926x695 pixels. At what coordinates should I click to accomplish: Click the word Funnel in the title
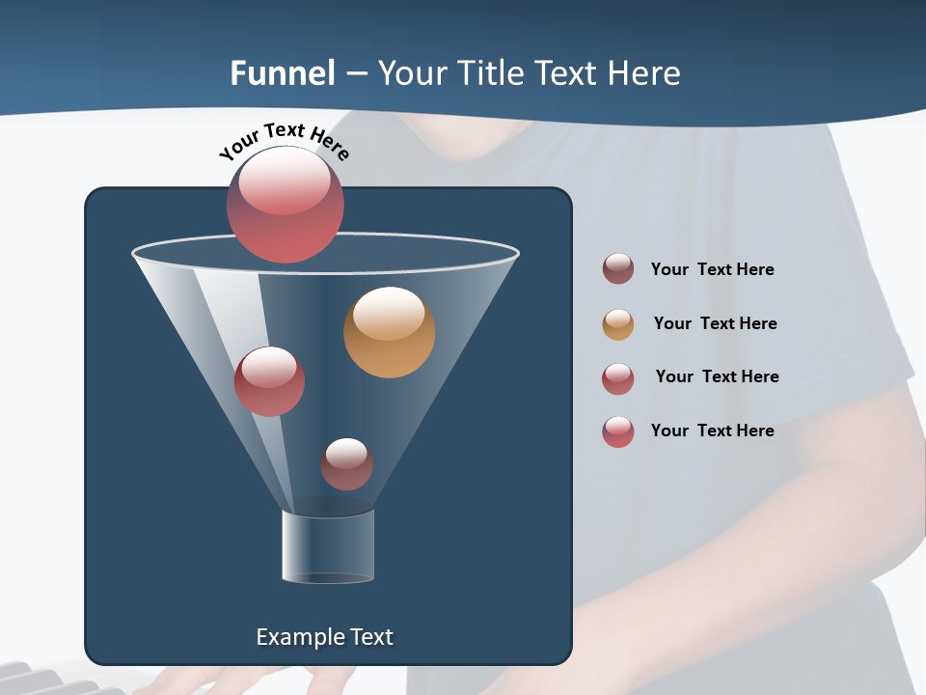click(282, 73)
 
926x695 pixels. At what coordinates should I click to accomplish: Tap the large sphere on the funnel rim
click(285, 205)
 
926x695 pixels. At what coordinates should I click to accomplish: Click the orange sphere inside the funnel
click(389, 332)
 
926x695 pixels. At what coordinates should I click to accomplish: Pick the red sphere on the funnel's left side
click(269, 381)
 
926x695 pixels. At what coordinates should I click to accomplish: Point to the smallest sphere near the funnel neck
click(346, 464)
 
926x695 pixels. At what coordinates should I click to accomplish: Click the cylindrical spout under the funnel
click(328, 546)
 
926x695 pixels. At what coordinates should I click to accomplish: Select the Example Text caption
click(324, 637)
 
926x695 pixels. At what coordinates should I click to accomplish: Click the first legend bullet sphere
click(618, 269)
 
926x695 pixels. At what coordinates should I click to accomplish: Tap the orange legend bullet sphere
click(618, 324)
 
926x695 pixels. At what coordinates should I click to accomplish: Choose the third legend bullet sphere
click(618, 378)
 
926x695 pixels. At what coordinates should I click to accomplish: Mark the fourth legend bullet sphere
click(618, 431)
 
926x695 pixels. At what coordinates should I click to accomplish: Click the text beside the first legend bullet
click(712, 270)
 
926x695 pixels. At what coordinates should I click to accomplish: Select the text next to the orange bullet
click(715, 324)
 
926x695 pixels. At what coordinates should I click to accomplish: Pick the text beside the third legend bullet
click(717, 377)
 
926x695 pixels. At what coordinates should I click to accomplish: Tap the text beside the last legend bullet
click(712, 431)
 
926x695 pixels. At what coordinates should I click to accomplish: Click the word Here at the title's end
click(644, 73)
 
